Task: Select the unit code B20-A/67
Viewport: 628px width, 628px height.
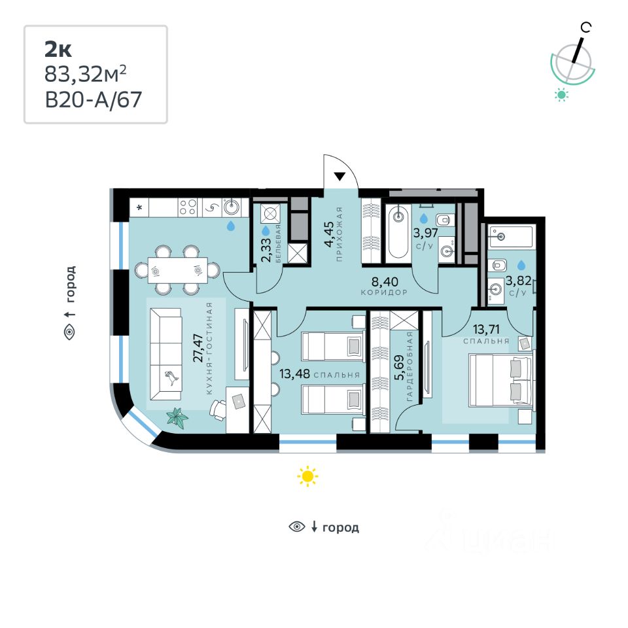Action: coord(93,99)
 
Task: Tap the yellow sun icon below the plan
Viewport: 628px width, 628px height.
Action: coord(307,476)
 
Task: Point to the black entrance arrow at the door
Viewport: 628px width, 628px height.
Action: coord(340,176)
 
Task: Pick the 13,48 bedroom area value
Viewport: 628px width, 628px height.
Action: coord(289,375)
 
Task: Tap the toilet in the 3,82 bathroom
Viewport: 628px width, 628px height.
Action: coord(499,265)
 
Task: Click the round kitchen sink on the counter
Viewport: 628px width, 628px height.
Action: coord(232,207)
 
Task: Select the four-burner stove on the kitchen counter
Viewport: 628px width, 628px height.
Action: coord(187,207)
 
